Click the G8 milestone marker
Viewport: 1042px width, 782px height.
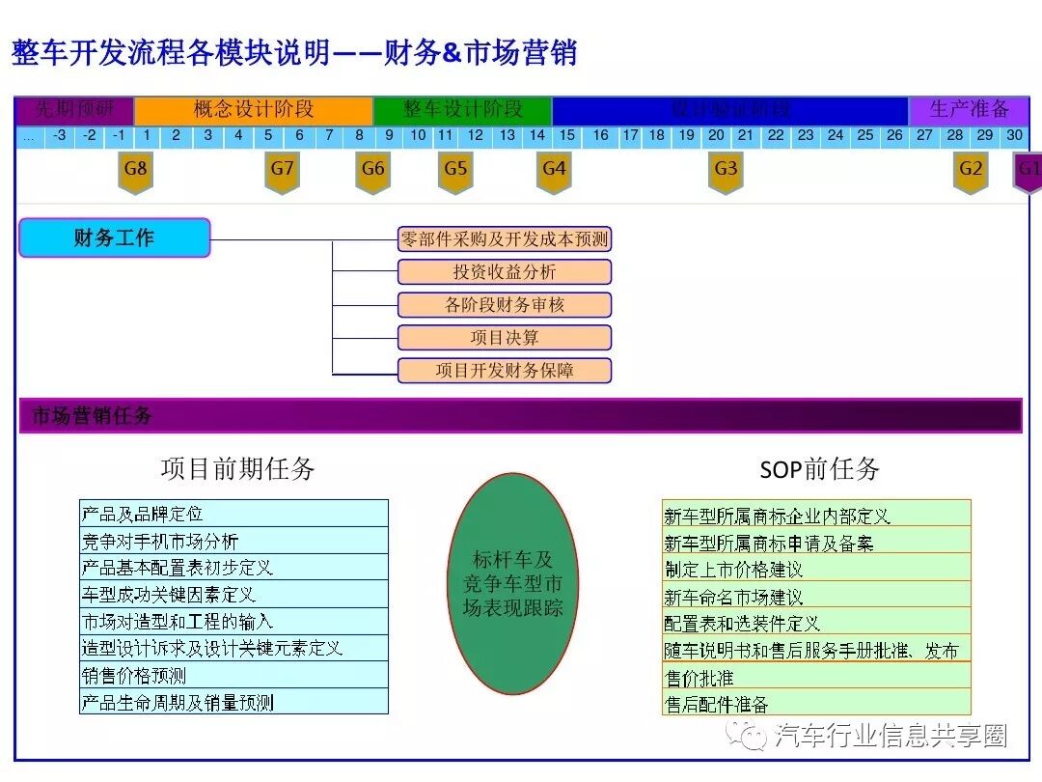136,172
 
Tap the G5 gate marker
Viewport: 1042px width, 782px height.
455,172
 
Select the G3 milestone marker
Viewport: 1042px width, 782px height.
726,172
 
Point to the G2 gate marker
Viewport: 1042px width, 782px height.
971,172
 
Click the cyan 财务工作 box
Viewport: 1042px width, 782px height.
114,237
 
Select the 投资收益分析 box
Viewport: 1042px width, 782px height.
505,272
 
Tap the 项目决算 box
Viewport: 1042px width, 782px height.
505,338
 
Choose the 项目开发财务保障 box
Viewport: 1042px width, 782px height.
505,370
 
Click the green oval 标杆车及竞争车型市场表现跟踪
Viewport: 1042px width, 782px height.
512,583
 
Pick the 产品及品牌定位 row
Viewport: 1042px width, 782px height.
233,514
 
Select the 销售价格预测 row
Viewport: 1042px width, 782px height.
233,675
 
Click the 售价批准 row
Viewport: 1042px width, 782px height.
816,677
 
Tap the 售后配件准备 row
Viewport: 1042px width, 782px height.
816,703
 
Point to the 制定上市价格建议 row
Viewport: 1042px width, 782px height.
816,569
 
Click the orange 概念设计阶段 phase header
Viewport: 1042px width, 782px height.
253,109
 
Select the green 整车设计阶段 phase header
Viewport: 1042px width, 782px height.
462,109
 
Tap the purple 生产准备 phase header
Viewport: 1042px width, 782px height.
969,109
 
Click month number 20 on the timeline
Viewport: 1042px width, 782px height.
716,136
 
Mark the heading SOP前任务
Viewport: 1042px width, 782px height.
819,469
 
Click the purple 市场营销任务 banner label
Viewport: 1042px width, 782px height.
93,416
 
